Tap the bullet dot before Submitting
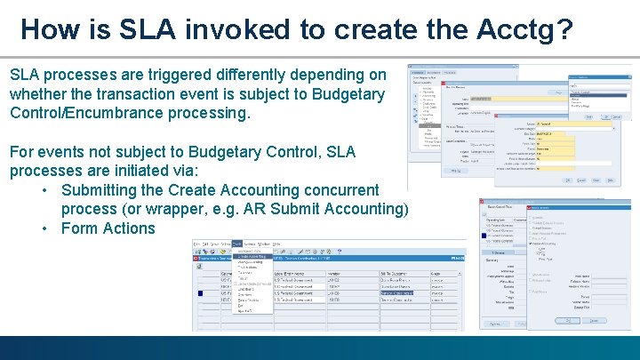[44, 190]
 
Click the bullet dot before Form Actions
[44, 228]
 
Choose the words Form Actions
[108, 228]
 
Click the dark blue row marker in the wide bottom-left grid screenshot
[201, 292]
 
